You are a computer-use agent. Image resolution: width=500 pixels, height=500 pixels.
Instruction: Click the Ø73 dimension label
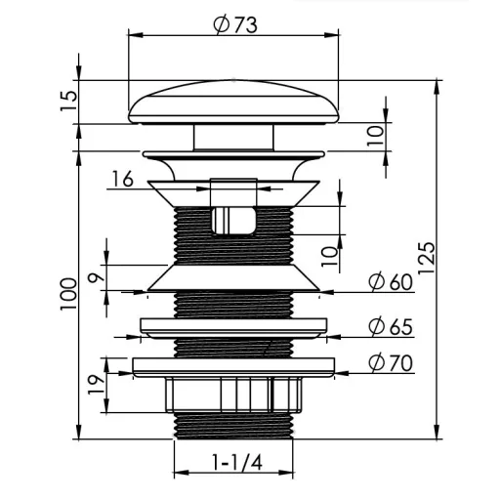click(x=235, y=24)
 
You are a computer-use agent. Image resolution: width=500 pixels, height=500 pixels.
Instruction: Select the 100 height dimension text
click(x=68, y=294)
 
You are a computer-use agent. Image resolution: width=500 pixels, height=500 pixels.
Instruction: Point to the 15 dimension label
click(x=69, y=101)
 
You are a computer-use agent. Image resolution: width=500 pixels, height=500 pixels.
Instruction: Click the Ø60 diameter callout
click(x=391, y=282)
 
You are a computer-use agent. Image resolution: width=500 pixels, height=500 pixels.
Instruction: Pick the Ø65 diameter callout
click(x=391, y=326)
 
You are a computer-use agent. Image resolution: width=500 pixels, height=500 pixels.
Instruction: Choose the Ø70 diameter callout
click(x=391, y=362)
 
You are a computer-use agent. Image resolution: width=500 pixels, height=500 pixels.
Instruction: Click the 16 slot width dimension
click(x=122, y=179)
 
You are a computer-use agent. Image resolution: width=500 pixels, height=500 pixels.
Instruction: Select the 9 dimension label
click(x=97, y=276)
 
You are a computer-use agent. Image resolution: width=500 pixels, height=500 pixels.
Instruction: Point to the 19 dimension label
click(x=97, y=385)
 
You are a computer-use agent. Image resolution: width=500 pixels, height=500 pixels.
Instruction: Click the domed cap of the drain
click(x=233, y=103)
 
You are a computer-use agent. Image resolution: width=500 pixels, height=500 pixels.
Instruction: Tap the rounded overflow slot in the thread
click(x=233, y=221)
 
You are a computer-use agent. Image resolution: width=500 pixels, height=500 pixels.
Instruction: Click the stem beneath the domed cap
click(x=233, y=137)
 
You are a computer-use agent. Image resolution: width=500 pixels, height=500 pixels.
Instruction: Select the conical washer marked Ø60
click(x=233, y=277)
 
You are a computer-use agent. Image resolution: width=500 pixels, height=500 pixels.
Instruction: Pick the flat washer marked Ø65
click(x=233, y=328)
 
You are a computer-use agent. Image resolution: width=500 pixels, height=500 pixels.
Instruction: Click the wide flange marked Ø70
click(x=233, y=367)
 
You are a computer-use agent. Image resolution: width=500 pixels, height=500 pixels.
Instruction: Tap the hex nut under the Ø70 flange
click(x=233, y=395)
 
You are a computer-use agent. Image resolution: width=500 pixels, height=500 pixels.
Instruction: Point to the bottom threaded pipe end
click(x=233, y=426)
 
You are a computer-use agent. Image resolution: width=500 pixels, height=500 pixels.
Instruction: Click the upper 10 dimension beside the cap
click(x=376, y=136)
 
